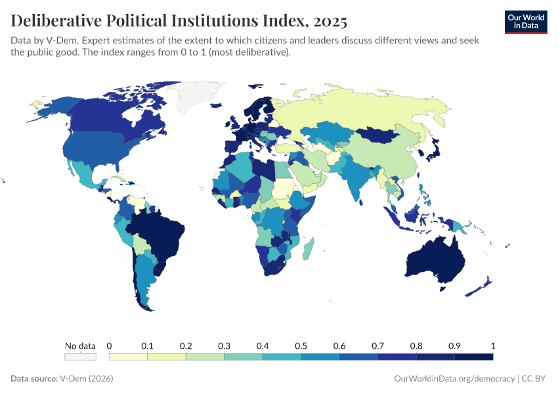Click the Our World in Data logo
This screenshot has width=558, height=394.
coord(525,21)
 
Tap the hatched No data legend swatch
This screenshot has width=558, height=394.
coord(80,357)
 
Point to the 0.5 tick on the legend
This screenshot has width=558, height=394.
coord(301,345)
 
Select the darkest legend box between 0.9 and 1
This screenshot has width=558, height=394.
coord(473,357)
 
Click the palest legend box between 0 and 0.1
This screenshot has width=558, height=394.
coord(128,357)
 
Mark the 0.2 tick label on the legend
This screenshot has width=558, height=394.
coord(185,345)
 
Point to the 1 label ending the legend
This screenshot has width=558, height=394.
coord(492,345)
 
